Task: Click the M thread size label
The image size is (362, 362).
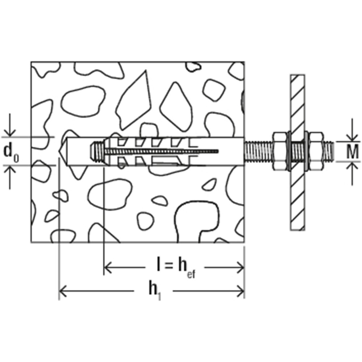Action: [x=353, y=151]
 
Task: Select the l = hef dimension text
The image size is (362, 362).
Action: [x=176, y=268]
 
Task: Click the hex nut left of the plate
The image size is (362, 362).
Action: [x=281, y=151]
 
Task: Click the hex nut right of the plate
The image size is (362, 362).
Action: [x=316, y=151]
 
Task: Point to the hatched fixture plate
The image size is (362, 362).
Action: [x=297, y=152]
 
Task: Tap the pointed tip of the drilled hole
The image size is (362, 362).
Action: [x=58, y=151]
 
